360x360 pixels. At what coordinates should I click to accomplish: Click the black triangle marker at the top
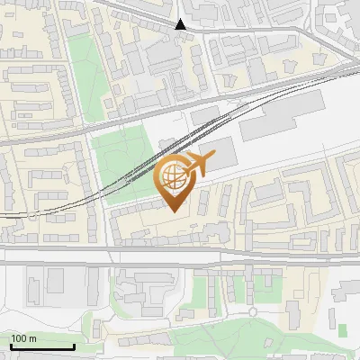[181, 24]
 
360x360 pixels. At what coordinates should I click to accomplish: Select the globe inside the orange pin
[174, 176]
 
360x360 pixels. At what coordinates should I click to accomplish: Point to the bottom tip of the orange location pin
[174, 211]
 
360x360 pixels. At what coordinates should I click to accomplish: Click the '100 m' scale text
[23, 338]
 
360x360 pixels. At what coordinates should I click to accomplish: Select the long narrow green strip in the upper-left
[82, 67]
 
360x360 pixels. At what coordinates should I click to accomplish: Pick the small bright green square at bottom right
[342, 329]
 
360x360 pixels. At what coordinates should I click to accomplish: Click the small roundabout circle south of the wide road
[253, 311]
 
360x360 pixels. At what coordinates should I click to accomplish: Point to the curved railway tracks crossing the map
[135, 171]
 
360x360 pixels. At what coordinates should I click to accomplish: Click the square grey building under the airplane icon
[217, 153]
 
